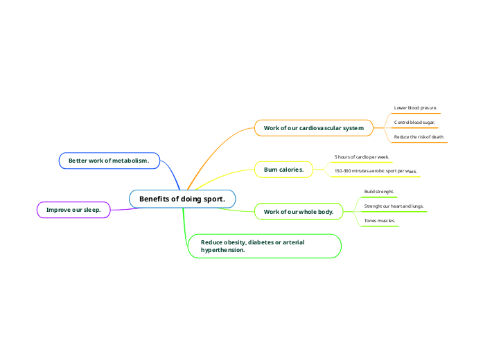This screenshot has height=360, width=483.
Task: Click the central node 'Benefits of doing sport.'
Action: point(182,199)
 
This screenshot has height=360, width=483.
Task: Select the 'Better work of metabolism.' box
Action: point(109,161)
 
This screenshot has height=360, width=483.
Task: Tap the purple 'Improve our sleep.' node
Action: point(73,209)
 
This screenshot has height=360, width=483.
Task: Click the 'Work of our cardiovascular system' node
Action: point(313,128)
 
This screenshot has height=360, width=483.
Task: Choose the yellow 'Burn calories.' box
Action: point(283,169)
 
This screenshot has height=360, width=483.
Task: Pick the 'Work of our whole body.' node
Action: point(299,211)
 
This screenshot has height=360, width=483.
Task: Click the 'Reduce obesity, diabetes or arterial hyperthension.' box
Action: point(265,246)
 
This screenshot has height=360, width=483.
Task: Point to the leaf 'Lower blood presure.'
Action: point(416,108)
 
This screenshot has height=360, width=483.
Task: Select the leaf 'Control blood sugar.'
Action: point(414,123)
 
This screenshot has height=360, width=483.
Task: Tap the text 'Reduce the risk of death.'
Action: point(419,137)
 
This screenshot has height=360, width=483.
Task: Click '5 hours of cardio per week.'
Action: point(362,157)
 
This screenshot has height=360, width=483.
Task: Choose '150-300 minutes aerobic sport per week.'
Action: point(375,170)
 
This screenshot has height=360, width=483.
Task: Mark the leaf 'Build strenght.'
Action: point(379,191)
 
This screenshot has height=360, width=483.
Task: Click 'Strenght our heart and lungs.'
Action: point(394,206)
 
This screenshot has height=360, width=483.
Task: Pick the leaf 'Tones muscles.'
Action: point(380,221)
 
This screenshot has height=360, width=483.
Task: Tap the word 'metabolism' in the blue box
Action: point(131,161)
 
